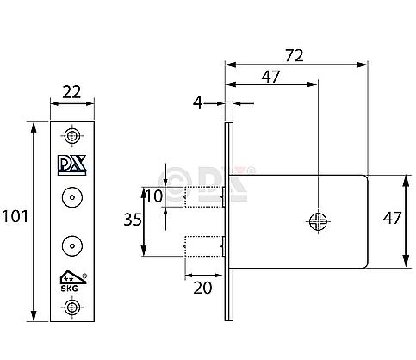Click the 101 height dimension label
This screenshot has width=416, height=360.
click(15, 216)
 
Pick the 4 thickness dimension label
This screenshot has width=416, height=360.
click(199, 102)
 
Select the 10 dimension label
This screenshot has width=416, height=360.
click(154, 196)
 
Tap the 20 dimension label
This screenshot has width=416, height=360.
click(203, 287)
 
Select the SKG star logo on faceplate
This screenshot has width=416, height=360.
click(69, 276)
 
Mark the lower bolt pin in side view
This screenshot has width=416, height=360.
click(203, 245)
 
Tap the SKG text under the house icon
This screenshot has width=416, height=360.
click(68, 287)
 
